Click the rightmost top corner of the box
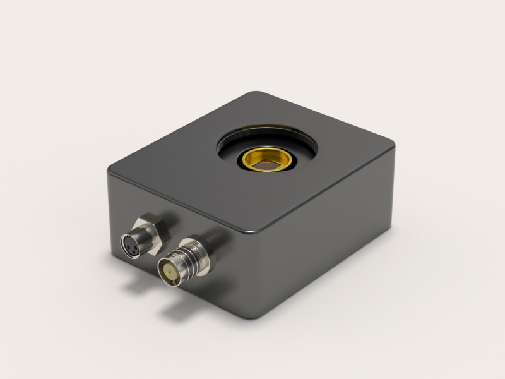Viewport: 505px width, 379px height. (393, 143)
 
